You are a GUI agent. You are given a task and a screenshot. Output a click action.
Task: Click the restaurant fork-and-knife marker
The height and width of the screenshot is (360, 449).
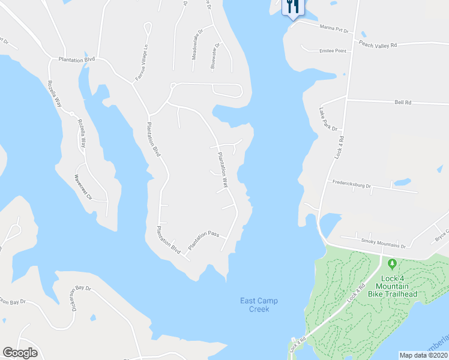293,7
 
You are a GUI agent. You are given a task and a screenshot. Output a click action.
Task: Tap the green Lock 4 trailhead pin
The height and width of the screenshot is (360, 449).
393,264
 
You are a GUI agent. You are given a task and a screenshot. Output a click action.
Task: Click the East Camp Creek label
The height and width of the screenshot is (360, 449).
259,305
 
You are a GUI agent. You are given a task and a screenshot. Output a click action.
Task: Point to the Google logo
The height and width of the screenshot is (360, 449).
20,353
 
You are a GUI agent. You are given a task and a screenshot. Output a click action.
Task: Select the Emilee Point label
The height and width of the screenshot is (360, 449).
333,51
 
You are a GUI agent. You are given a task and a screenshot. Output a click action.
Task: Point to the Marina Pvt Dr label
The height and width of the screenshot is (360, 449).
334,28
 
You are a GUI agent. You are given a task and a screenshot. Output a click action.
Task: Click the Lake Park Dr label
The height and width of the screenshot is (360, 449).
329,119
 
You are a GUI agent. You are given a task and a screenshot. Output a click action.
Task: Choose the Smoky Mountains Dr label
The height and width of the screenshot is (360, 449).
383,244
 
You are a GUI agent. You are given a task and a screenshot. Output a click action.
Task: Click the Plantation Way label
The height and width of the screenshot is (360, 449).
223,170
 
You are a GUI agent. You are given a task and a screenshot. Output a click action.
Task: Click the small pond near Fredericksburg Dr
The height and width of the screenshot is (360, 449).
402,181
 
